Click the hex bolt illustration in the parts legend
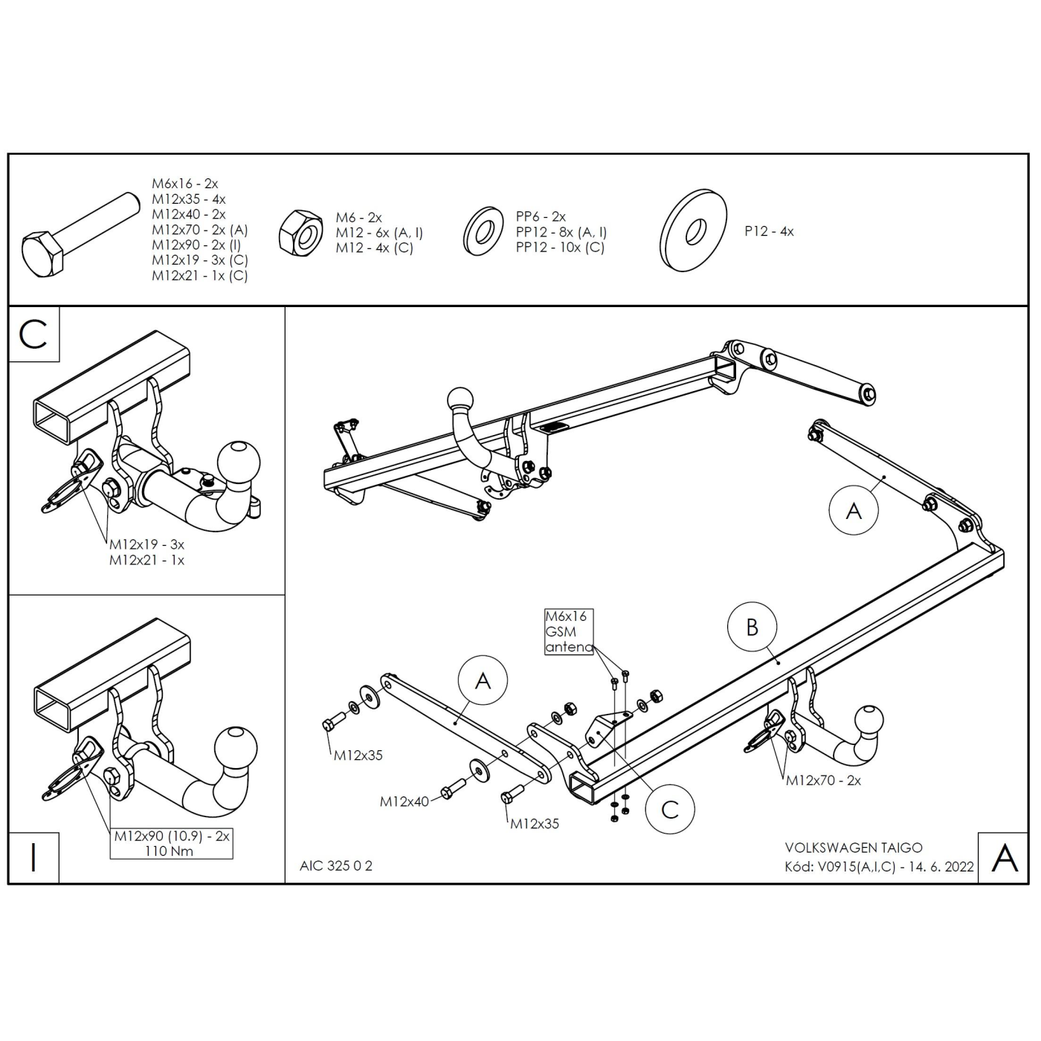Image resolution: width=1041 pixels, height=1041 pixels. click(x=81, y=236)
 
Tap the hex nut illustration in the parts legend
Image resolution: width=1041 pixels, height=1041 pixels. click(x=301, y=233)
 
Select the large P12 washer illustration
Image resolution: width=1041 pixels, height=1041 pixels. click(x=694, y=231)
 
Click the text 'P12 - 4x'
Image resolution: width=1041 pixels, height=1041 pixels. click(x=770, y=231)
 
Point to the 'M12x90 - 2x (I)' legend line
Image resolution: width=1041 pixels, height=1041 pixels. click(x=196, y=245)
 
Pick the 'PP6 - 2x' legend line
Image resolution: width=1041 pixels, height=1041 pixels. click(x=541, y=216)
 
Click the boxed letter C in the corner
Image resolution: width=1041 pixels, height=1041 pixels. click(x=33, y=335)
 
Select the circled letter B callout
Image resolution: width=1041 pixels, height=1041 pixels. click(x=752, y=628)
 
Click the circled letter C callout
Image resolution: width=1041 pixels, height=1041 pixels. click(x=670, y=809)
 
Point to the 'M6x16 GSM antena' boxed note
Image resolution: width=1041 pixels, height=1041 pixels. click(x=569, y=631)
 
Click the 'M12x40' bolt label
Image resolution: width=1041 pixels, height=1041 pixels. click(x=404, y=802)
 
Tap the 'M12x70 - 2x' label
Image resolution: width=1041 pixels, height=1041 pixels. click(x=823, y=780)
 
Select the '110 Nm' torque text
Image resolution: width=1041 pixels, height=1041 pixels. click(x=169, y=851)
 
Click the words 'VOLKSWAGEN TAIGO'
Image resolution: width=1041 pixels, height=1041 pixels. click(x=854, y=847)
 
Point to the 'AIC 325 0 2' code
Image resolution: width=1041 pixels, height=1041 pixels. click(x=336, y=866)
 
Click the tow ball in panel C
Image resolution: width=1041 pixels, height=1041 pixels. click(x=238, y=463)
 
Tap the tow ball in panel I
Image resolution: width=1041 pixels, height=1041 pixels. click(x=236, y=750)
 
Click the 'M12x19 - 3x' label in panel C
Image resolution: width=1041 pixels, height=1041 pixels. click(x=147, y=544)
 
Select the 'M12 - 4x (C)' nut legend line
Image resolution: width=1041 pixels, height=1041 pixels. click(x=374, y=248)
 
